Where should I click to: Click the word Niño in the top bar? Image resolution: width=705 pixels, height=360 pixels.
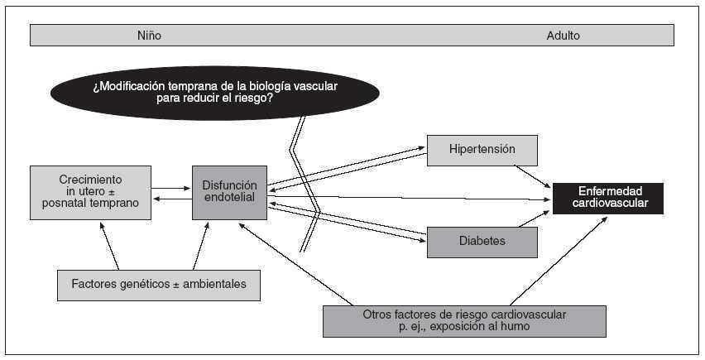click(149, 36)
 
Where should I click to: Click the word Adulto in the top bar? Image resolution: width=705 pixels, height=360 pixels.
click(563, 36)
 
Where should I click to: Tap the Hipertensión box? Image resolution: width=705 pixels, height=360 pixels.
click(482, 150)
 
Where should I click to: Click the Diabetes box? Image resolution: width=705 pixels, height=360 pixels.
click(482, 242)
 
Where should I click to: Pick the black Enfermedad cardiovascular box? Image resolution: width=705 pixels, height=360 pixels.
click(608, 197)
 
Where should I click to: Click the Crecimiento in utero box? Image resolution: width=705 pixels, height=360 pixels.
click(91, 192)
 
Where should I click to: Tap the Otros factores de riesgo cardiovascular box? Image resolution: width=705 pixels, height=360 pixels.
click(464, 321)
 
